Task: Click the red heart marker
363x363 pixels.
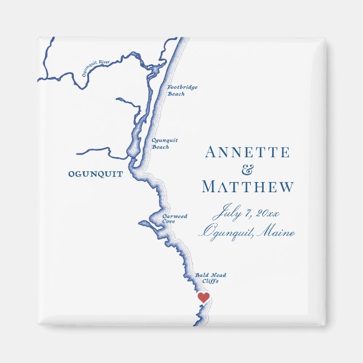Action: (203, 296)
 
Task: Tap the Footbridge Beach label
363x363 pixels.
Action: (182, 91)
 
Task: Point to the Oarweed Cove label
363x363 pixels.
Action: (175, 219)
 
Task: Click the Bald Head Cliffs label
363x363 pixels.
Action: (211, 277)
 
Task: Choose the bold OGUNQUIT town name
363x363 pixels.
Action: (95, 174)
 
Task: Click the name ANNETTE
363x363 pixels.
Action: (247, 152)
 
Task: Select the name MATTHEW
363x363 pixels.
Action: (247, 187)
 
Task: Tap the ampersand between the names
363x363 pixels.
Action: (247, 170)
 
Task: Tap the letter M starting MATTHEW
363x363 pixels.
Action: (209, 187)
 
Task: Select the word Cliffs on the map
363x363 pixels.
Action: (210, 281)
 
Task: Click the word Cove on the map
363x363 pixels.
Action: (169, 222)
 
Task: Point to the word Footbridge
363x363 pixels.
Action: (182, 88)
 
